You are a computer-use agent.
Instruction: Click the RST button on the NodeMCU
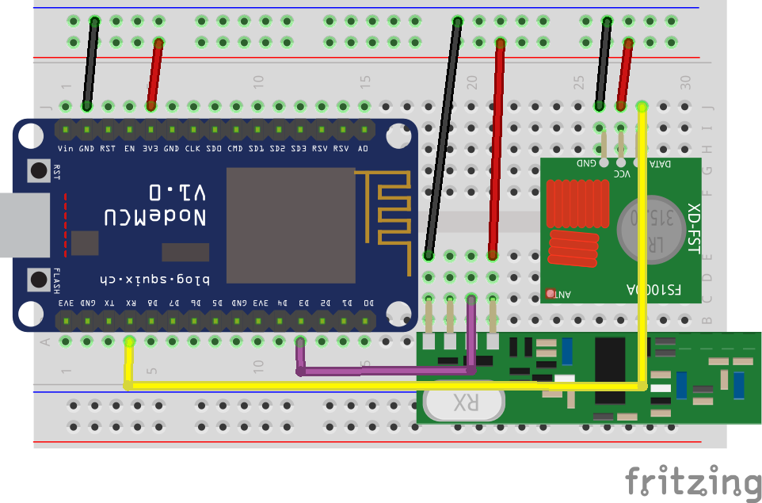click(38, 170)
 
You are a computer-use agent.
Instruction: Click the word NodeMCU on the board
click(156, 217)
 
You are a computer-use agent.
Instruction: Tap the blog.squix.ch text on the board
click(154, 279)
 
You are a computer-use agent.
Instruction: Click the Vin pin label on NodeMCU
click(66, 148)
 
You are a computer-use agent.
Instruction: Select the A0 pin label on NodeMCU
click(363, 148)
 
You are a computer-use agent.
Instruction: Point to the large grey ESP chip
click(291, 225)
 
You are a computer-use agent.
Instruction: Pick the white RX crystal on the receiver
click(463, 402)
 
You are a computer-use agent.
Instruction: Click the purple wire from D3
click(388, 370)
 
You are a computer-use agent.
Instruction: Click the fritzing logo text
click(692, 482)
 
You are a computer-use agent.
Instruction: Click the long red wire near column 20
click(497, 151)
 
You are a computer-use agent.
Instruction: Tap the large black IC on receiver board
click(610, 370)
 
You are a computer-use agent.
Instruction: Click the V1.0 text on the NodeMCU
click(177, 192)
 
